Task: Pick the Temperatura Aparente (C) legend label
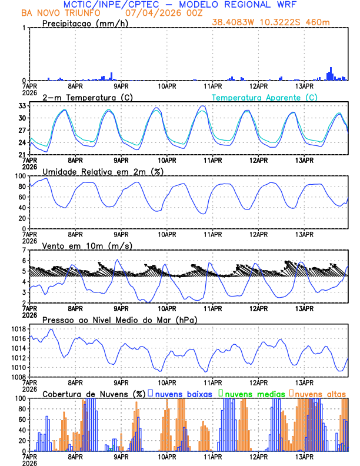264,97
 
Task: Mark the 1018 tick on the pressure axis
18,329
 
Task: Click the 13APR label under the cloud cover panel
305,456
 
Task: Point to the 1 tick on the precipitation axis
24,28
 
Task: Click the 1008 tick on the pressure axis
18,377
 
